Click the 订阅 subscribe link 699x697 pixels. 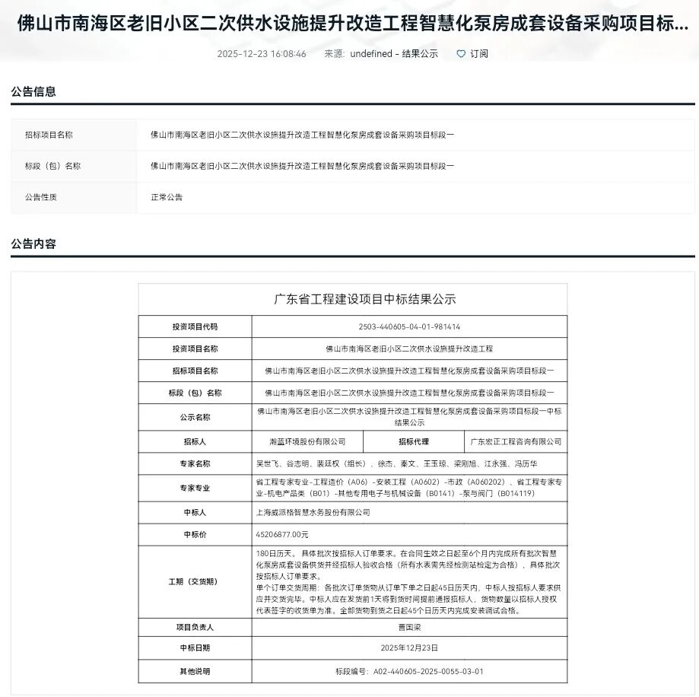coord(479,54)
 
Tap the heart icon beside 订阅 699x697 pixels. coord(461,54)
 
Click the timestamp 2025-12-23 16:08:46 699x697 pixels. coord(262,54)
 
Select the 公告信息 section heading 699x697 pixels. coord(33,91)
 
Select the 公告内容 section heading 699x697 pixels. coord(33,244)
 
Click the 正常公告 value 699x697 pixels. coord(167,197)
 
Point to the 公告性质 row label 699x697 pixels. coord(41,197)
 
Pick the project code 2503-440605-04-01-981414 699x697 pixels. coord(409,326)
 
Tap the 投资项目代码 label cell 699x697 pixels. coord(195,326)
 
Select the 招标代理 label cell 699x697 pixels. coord(414,441)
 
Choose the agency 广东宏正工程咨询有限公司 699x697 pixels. coord(516,441)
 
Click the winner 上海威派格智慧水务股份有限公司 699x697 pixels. coord(313,513)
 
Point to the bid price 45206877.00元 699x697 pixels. coord(283,534)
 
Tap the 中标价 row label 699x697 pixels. coord(195,534)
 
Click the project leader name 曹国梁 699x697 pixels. coord(409,628)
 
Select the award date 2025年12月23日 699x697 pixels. coord(409,648)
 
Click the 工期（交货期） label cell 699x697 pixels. coord(195,581)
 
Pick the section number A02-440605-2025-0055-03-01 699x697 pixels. coord(409,671)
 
